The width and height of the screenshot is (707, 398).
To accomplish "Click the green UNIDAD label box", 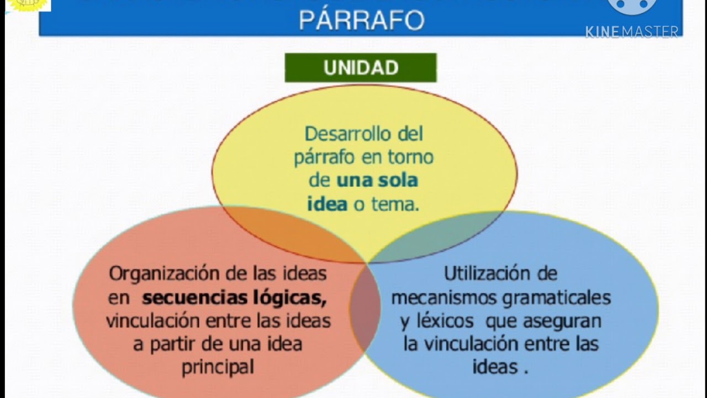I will click(x=360, y=68).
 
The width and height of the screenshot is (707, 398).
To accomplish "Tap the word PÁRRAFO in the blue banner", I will click(x=361, y=20).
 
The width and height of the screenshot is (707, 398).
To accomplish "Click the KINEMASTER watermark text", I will click(x=632, y=32).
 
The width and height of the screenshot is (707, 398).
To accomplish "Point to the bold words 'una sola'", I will click(x=377, y=180).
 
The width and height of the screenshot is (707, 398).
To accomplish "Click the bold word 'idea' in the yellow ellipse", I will click(x=327, y=204).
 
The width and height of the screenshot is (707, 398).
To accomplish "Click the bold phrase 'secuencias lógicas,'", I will click(x=234, y=298).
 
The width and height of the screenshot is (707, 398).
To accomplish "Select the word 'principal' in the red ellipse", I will click(x=218, y=367).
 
